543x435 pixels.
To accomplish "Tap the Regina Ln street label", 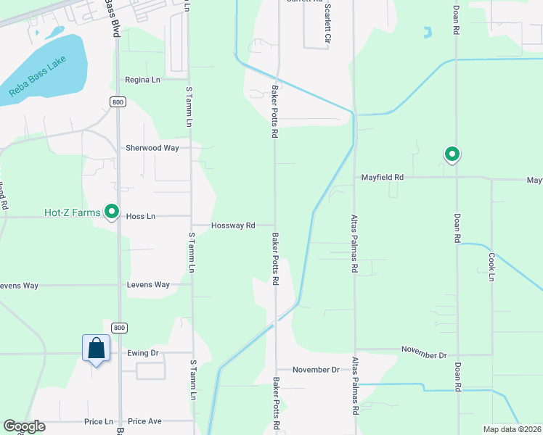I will click(142, 80).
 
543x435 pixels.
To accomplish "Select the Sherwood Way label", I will click(152, 147).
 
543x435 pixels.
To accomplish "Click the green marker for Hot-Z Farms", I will click(112, 212).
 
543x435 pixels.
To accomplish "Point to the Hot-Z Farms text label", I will click(71, 212).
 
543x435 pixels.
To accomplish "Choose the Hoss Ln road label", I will click(141, 216).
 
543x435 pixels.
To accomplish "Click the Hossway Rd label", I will click(233, 225).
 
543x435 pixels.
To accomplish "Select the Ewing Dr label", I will click(142, 354).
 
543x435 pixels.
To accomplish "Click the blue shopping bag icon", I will click(96, 349).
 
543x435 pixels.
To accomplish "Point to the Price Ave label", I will click(144, 421).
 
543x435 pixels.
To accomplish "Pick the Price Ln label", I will click(99, 421).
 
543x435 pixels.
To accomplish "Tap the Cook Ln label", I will click(491, 266).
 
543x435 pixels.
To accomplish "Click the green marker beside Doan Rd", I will click(452, 154).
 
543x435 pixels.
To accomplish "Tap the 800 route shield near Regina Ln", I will click(118, 102).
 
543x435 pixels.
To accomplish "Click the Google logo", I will click(24, 426).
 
